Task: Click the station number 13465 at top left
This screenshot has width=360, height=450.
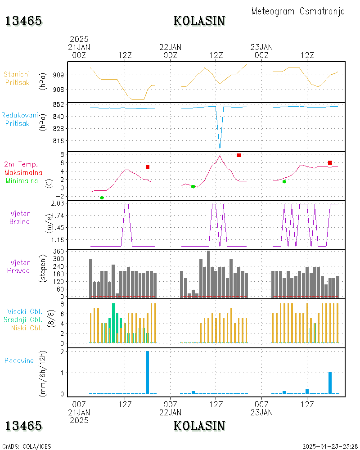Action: point(23,21)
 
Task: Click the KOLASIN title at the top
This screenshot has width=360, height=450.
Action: point(199,21)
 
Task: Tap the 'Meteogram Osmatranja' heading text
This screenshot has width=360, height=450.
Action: point(298,11)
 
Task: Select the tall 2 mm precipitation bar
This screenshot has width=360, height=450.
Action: point(147,372)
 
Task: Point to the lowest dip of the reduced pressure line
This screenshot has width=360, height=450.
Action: point(220,147)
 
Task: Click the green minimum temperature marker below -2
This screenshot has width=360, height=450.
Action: point(102,198)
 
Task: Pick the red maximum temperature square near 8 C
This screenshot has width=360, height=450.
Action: point(238,155)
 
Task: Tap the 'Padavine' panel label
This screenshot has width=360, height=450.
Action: point(19,360)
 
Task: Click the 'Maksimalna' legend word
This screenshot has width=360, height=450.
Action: point(23,172)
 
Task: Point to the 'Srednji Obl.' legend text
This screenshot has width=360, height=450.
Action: point(24,319)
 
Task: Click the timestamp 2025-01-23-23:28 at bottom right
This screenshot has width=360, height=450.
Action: point(330,446)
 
